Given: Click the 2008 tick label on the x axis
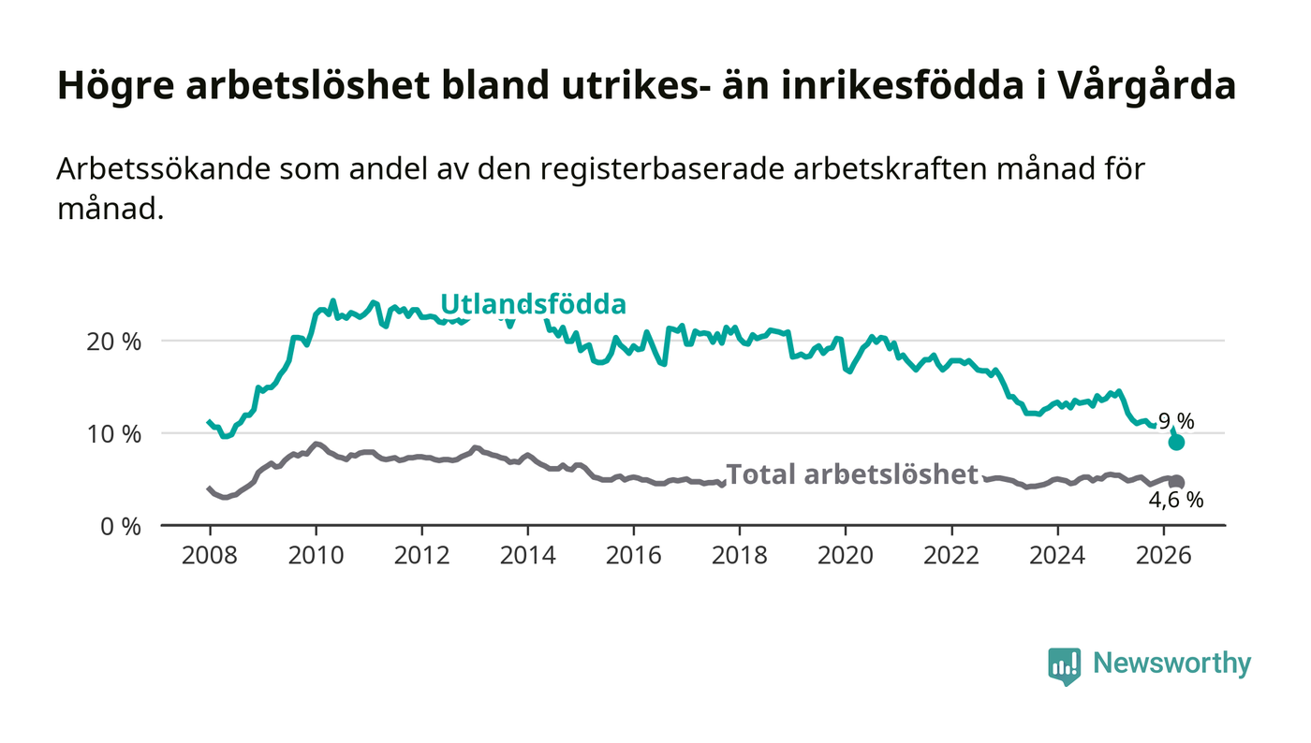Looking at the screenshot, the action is point(210,555).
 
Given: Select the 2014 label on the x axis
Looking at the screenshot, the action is point(527,555).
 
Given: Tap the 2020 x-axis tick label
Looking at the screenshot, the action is point(845,555).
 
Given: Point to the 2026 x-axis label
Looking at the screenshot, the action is point(1163,555).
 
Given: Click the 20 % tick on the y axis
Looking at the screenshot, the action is point(113,341).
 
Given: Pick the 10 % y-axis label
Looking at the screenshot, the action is point(113,434).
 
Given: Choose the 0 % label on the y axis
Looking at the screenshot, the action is point(121,527).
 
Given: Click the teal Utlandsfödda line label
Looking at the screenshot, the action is point(533,304).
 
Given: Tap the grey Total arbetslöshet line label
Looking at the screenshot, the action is point(852,473).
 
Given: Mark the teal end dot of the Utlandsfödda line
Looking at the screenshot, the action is point(1176,443).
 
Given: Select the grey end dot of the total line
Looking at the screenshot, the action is point(1177,482).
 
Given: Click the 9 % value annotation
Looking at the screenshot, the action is point(1176,421).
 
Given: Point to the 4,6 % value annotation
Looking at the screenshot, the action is point(1176,500).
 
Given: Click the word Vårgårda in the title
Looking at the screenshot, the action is point(1148,85).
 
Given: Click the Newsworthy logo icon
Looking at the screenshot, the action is point(1064,665).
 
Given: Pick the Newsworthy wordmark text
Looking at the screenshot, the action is point(1171,663).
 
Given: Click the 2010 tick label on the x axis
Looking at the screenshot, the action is point(317,555).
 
